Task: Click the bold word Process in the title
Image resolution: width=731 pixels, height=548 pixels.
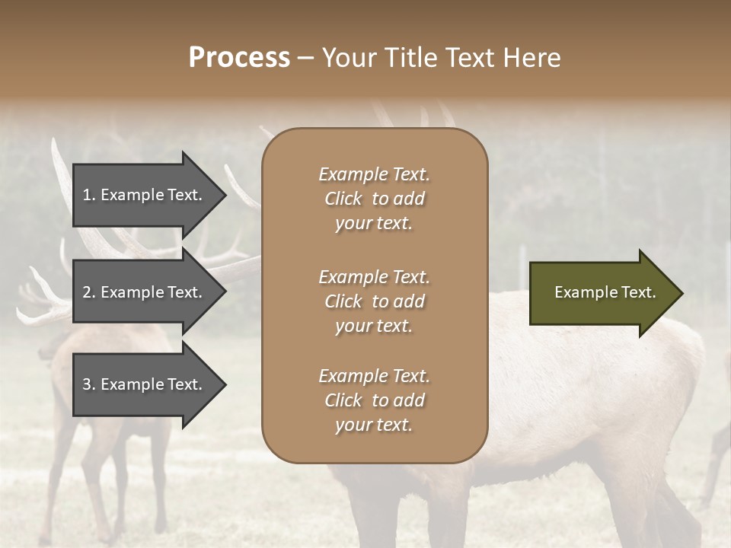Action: [239, 57]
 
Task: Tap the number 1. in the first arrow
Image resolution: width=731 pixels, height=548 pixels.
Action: [88, 195]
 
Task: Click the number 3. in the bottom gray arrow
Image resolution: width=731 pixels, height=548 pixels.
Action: [88, 384]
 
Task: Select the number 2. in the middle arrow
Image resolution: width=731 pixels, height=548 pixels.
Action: [88, 292]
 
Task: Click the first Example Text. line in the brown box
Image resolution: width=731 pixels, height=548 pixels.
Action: [374, 174]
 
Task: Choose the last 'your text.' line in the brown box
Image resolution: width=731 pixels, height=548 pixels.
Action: [374, 425]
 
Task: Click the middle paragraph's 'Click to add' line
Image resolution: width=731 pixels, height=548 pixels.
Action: [374, 301]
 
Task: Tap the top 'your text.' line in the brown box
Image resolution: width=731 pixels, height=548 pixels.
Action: [374, 223]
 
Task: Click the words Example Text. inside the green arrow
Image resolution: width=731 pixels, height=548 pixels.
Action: [605, 292]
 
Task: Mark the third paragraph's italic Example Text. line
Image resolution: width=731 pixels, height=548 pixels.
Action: [374, 376]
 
